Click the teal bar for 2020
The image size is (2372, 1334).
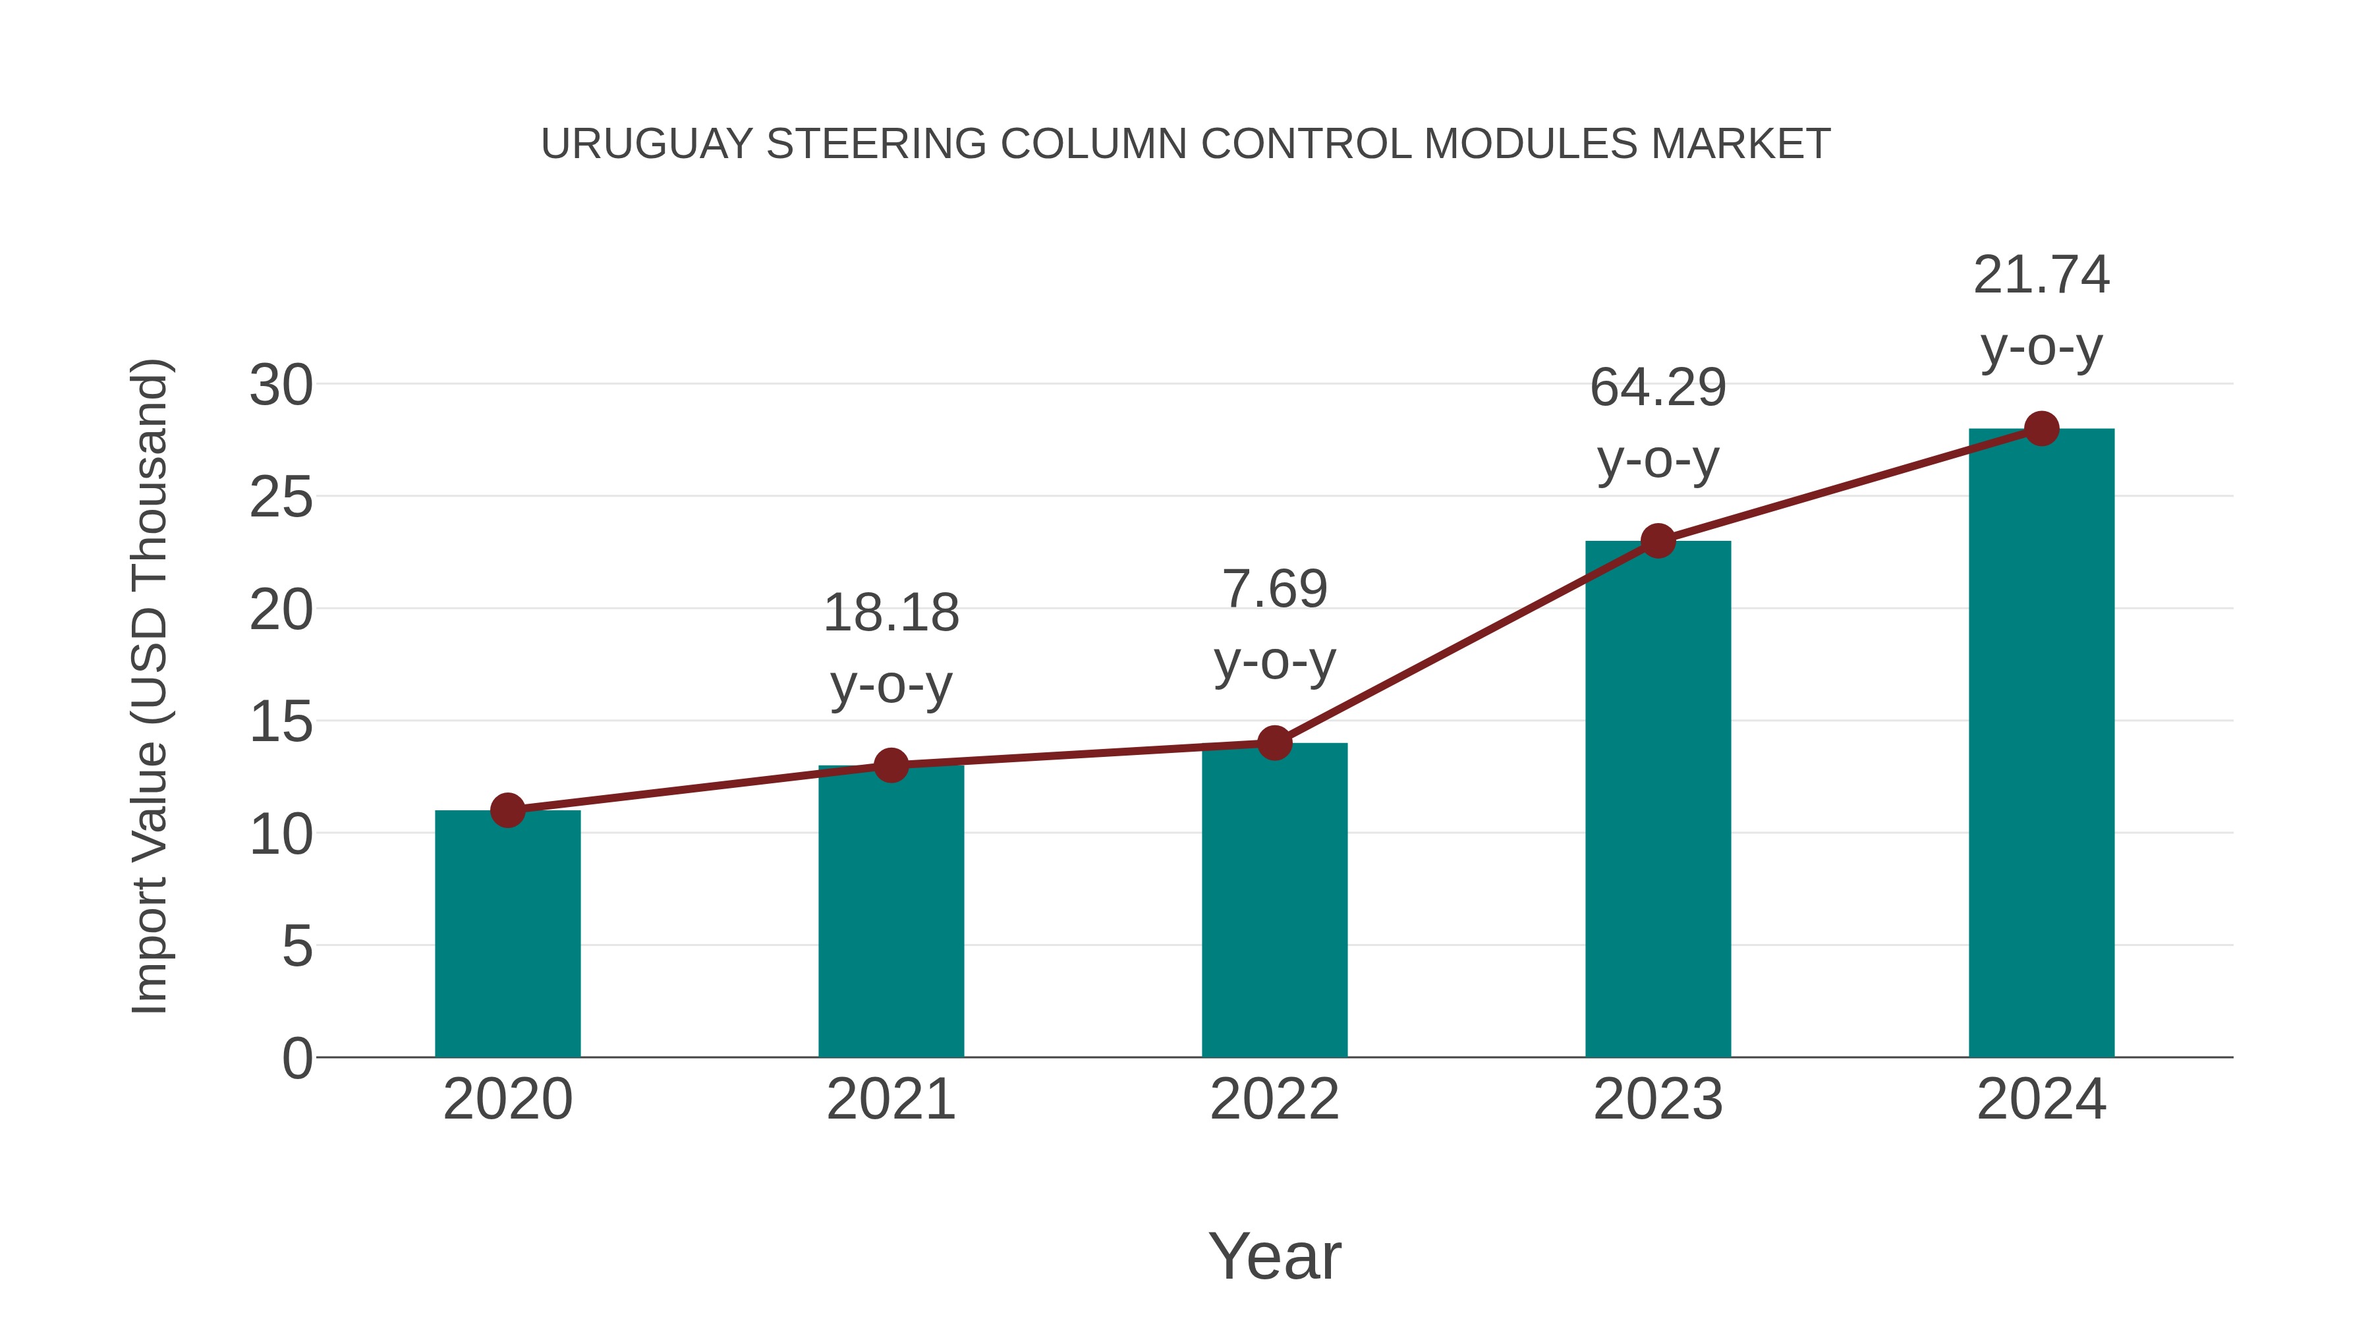pyautogui.click(x=507, y=934)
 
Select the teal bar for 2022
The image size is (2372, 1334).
pyautogui.click(x=1274, y=903)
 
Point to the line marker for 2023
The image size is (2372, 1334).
pyautogui.click(x=1658, y=542)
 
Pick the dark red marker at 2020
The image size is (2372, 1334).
pyautogui.click(x=507, y=810)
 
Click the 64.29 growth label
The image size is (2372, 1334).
pyautogui.click(x=1658, y=387)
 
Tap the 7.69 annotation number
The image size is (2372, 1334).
pyautogui.click(x=1274, y=589)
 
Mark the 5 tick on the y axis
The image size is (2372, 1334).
pyautogui.click(x=296, y=947)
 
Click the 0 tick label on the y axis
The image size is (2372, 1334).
pyautogui.click(x=296, y=1059)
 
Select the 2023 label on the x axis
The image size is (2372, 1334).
pyautogui.click(x=1658, y=1099)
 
